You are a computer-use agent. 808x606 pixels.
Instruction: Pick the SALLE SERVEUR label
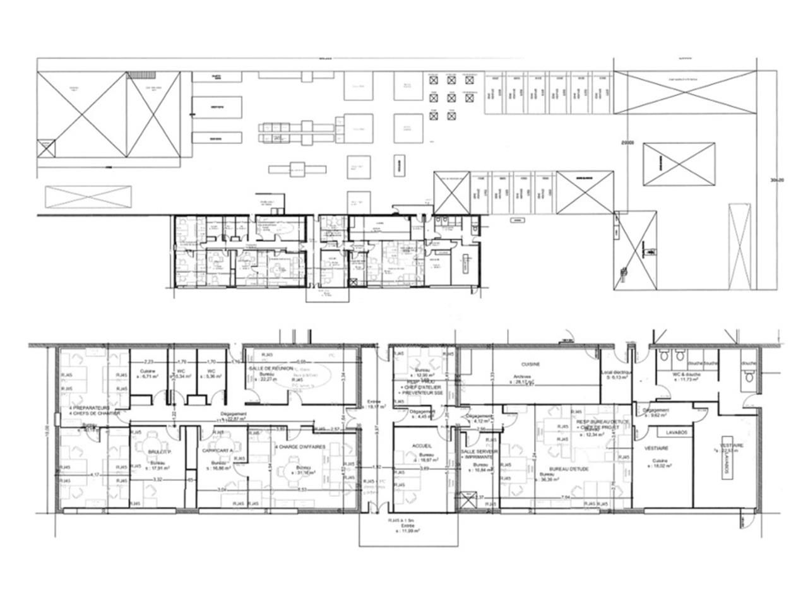click(x=477, y=453)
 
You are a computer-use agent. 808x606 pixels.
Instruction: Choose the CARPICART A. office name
click(x=218, y=452)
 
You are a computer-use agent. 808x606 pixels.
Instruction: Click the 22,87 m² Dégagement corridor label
click(x=235, y=417)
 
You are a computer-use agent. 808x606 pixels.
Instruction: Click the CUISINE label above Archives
click(x=530, y=365)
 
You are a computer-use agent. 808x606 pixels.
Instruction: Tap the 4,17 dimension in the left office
click(x=95, y=475)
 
